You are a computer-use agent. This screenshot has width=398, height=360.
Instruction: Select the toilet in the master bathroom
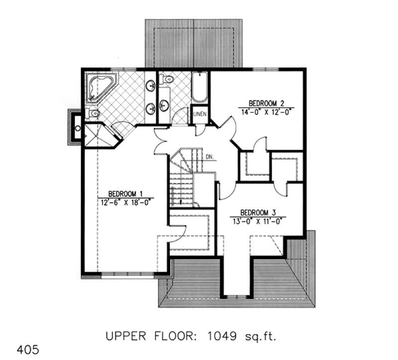(93, 114)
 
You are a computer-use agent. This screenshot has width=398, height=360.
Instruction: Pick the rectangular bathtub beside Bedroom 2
(199, 88)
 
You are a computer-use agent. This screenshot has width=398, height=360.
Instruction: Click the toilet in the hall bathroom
(168, 79)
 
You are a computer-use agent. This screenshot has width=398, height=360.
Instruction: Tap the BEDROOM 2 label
(266, 103)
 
